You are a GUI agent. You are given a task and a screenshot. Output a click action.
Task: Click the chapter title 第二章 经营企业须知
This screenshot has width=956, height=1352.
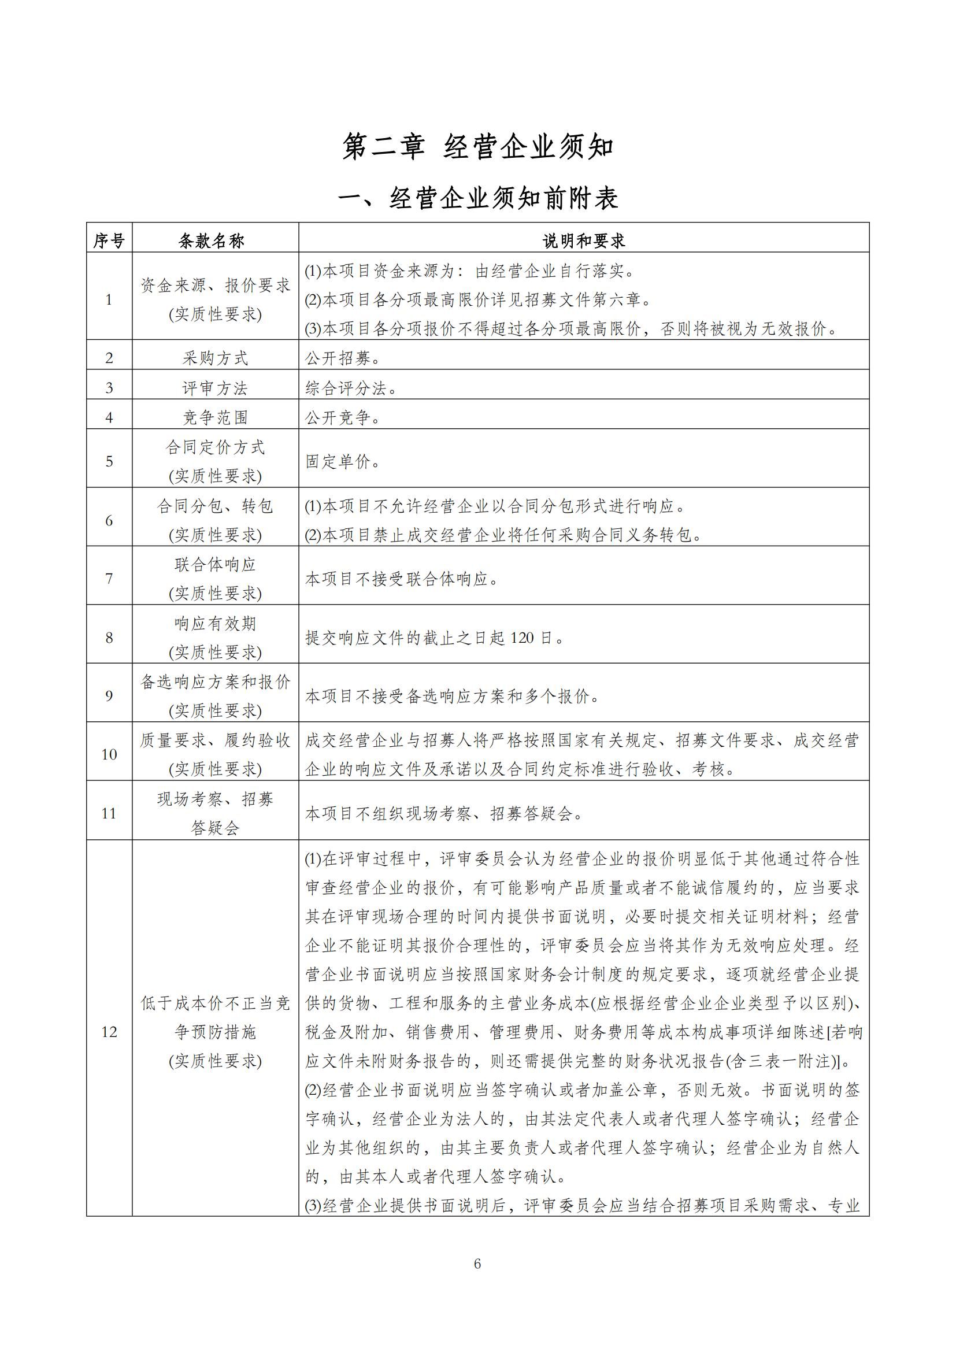tap(477, 147)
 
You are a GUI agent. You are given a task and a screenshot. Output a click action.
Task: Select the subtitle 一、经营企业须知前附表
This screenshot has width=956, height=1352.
tap(477, 199)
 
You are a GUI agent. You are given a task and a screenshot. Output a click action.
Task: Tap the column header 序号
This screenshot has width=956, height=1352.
tap(109, 240)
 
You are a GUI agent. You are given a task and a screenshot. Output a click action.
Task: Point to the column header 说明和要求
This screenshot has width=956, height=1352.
tap(583, 240)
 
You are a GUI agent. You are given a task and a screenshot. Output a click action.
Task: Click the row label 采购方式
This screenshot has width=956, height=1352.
tap(215, 358)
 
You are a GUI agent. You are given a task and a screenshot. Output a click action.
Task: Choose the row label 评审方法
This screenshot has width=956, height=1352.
tap(215, 388)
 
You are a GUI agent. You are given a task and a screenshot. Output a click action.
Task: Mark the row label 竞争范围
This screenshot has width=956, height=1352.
tap(215, 417)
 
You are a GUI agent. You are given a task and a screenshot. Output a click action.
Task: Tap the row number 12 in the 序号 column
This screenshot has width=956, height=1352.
tap(109, 1032)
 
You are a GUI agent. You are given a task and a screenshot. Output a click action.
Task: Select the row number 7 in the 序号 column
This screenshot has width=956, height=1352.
tap(109, 579)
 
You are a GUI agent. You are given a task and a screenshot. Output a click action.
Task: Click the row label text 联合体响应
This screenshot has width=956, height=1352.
tap(215, 565)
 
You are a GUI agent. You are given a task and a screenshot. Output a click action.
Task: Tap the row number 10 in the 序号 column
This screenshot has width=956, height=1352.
tap(109, 754)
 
